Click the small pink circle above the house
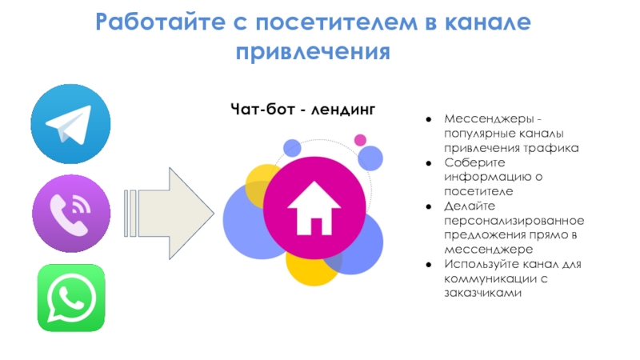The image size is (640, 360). point(360,140)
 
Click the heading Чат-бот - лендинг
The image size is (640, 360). point(302,109)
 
